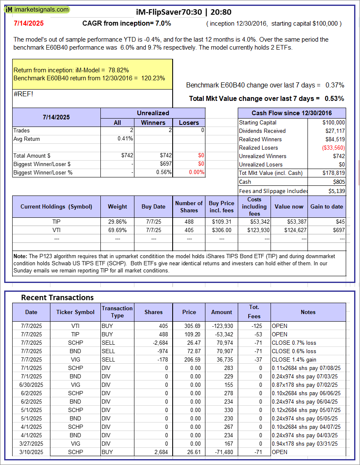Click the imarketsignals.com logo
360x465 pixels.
coord(37,9)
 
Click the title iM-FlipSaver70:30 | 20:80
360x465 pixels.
coord(184,12)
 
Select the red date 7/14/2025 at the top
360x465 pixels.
coord(28,24)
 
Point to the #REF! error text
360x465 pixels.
coord(23,94)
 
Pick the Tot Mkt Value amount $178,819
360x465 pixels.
coord(334,173)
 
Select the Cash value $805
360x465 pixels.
coord(339,182)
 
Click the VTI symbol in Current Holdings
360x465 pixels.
coord(57,230)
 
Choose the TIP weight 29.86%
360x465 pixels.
coord(118,222)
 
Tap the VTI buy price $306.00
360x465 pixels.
coord(222,230)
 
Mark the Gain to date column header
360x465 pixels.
coord(326,206)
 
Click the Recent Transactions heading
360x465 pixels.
coord(58,298)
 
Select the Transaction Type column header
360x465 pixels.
coord(117,312)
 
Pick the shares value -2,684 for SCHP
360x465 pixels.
coord(159,343)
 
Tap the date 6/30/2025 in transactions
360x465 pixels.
coord(32,385)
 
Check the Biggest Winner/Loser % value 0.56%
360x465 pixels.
coord(163,172)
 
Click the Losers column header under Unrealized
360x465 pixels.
coord(189,123)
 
